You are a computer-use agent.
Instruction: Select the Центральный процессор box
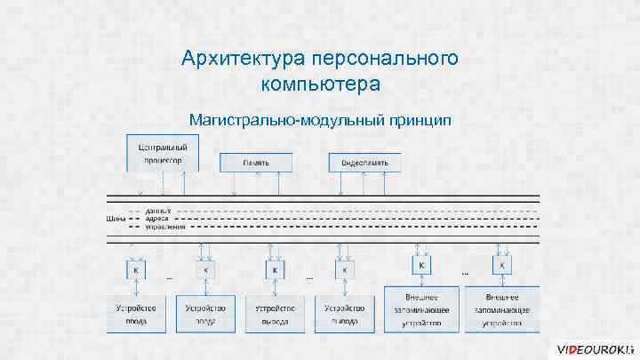164,152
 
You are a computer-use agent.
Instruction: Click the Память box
256,163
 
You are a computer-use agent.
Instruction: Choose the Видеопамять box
365,163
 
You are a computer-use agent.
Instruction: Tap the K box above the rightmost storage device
503,264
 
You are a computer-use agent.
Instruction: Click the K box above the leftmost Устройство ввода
136,270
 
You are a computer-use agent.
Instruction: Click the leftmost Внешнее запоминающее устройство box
422,310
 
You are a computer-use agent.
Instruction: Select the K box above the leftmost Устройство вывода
276,270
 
